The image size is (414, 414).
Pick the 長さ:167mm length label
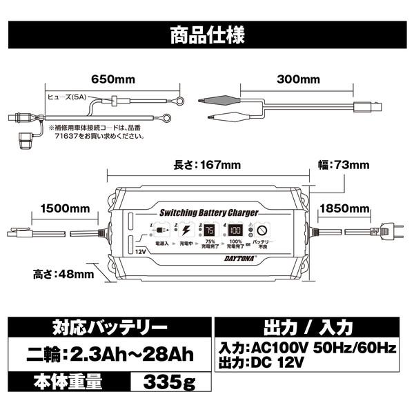[197, 165]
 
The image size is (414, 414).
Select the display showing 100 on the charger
[235, 231]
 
